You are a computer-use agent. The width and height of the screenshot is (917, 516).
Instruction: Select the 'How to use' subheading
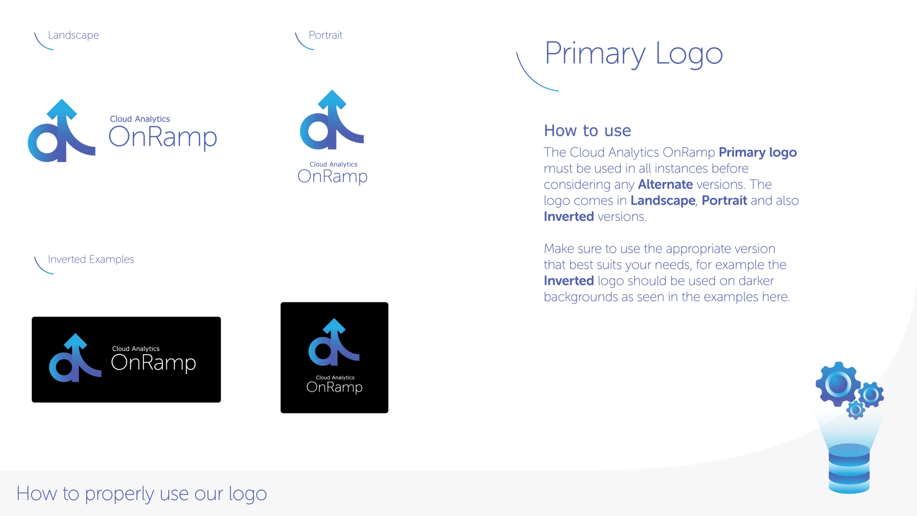(587, 130)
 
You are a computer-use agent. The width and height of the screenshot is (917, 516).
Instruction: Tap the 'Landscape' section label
(73, 35)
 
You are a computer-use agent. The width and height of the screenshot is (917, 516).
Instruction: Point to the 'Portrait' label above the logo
(326, 35)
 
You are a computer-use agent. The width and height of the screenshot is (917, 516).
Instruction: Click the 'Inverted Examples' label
(91, 259)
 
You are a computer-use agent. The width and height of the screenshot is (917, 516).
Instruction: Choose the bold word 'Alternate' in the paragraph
(666, 184)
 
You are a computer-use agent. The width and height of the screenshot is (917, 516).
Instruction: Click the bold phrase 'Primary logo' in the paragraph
(758, 153)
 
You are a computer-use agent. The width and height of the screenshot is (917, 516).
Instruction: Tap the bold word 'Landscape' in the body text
(663, 201)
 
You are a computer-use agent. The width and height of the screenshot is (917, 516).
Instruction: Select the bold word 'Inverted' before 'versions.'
(569, 216)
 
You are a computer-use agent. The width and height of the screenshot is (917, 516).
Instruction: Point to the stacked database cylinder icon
(849, 468)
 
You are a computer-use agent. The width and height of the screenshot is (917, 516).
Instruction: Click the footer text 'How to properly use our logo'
(142, 494)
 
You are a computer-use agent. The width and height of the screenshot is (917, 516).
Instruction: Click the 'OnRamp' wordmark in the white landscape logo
(163, 138)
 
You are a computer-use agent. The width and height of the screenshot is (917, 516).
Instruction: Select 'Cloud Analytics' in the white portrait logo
(333, 164)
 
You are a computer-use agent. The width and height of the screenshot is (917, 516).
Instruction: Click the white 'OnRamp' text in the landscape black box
(154, 363)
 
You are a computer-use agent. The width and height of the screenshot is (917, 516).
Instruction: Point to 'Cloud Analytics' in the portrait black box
(335, 377)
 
